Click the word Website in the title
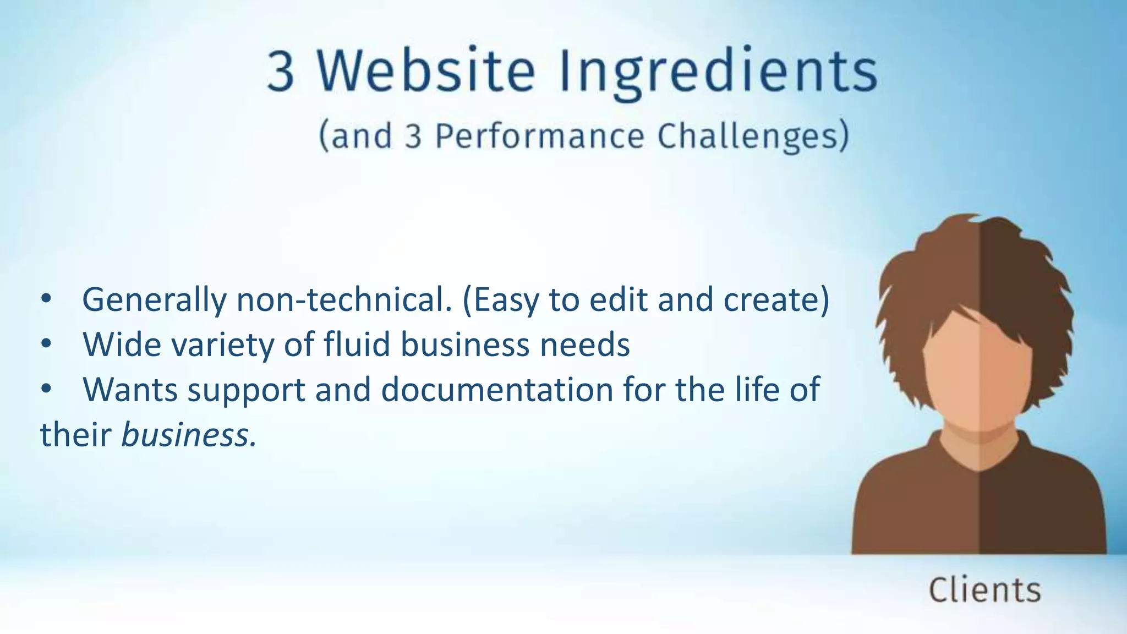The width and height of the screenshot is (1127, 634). (426, 72)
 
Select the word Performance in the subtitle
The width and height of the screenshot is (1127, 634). (539, 136)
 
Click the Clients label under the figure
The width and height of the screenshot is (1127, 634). (984, 590)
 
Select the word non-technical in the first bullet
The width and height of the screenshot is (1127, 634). (344, 300)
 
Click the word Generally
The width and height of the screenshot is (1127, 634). (154, 301)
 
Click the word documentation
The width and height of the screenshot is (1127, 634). (497, 390)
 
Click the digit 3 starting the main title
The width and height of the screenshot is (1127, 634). (281, 72)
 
